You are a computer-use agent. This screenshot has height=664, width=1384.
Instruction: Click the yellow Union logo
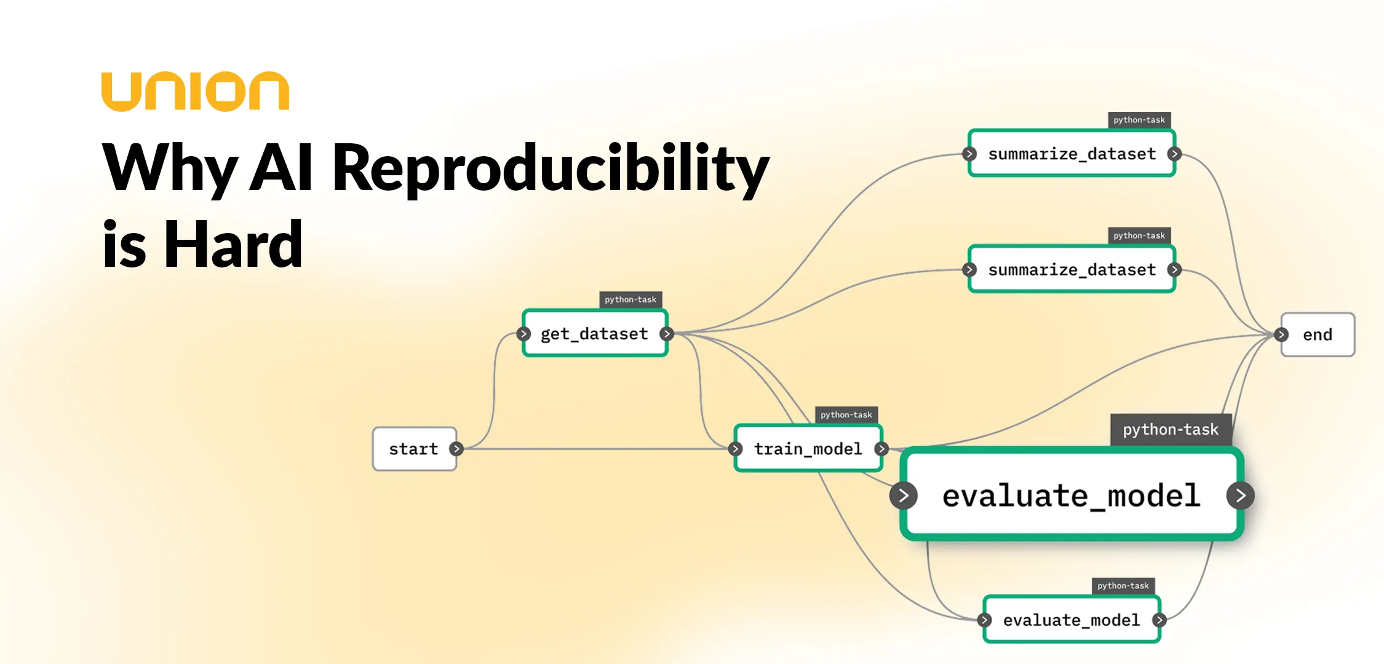pos(195,92)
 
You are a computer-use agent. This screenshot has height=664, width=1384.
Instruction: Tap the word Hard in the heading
pos(233,245)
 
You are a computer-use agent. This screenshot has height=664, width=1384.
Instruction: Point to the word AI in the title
pos(282,167)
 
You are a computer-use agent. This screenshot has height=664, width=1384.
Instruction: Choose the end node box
pos(1317,334)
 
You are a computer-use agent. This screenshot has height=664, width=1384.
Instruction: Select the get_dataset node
pos(594,334)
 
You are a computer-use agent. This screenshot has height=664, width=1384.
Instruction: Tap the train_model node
pos(808,449)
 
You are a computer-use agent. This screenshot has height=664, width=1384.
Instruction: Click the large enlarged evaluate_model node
pos(1071,496)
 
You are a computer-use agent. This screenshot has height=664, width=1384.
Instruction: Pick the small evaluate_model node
pos(1071,620)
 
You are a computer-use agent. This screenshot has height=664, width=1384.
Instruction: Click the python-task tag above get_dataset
pos(630,299)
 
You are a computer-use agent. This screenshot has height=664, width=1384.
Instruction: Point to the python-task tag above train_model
pos(846,415)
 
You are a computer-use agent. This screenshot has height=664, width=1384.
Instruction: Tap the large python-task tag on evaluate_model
pos(1170,429)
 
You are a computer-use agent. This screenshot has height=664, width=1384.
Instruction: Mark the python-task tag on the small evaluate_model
pos(1123,586)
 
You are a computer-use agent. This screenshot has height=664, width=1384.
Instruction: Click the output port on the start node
pos(456,449)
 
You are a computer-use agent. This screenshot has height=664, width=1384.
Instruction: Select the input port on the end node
pos(1281,334)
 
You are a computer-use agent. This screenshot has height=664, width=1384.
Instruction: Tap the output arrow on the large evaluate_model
pos(1240,496)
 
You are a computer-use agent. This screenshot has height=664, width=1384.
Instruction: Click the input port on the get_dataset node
pos(523,334)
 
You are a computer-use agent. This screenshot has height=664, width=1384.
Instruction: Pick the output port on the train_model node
pos(881,449)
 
